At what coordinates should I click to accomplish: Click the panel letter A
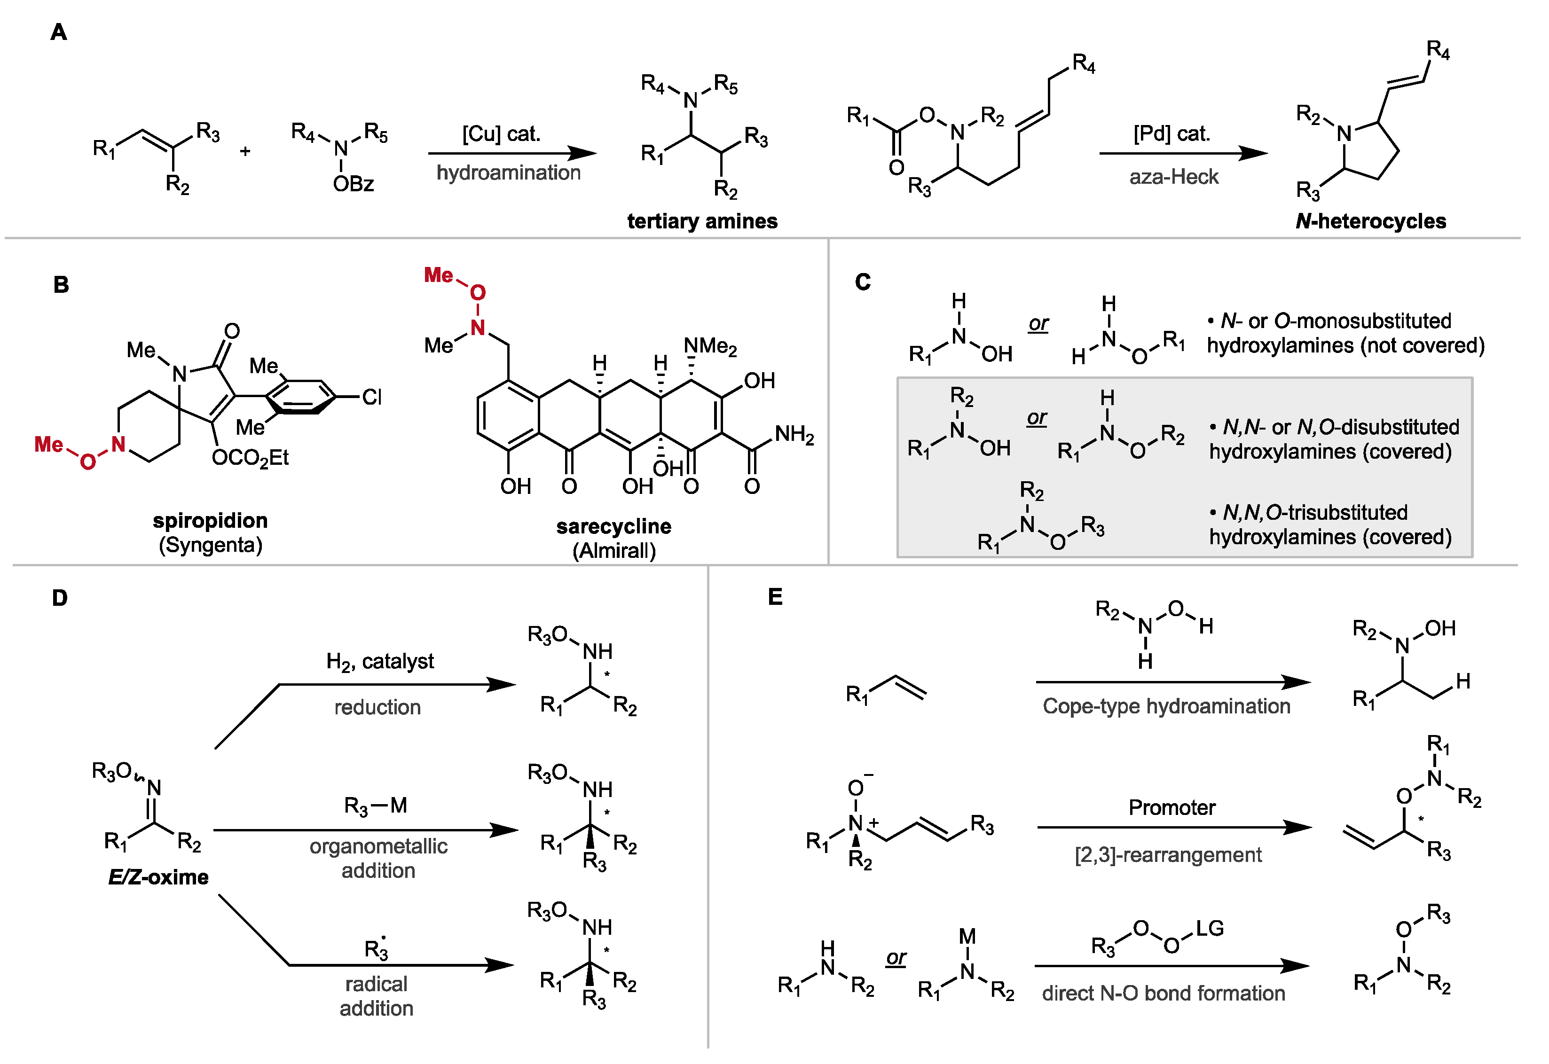coord(59,32)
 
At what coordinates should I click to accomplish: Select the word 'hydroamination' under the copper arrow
coord(508,172)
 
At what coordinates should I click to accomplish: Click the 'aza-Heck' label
coord(1173,177)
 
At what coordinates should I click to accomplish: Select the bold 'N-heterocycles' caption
coord(1370,221)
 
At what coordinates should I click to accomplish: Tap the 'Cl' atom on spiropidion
coord(371,397)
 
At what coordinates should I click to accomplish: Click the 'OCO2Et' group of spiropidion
coord(250,458)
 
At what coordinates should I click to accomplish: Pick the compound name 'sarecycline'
coord(613,527)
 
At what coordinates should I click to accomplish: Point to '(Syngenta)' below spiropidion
coord(210,545)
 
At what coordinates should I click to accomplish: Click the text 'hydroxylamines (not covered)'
coord(1345,345)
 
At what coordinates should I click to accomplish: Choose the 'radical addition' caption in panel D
coord(376,996)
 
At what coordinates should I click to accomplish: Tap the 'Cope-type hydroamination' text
coord(1166,706)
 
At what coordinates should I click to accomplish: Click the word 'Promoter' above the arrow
coord(1172,808)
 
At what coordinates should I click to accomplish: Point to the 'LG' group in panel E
coord(1210,929)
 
